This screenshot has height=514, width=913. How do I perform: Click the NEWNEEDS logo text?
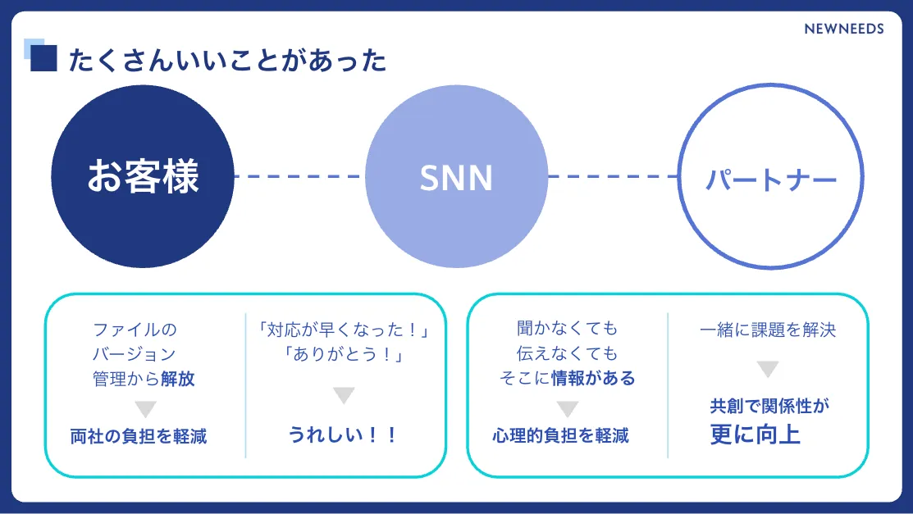pos(843,29)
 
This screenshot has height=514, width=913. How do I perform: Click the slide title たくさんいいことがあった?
pos(227,61)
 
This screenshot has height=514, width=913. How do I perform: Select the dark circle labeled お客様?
pos(143,176)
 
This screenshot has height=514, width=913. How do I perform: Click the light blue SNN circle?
pos(456,177)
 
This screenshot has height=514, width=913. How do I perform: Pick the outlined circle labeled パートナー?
pos(771,177)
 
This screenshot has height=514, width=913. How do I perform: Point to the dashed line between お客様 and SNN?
pos(299,176)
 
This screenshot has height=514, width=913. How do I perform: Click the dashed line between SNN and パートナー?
pos(613,176)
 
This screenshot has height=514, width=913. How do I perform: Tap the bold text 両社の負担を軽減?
pos(139,436)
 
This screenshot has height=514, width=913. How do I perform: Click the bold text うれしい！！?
pos(343,434)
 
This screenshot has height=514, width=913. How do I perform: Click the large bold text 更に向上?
pos(756,434)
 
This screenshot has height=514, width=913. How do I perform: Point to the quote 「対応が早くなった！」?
pos(344,330)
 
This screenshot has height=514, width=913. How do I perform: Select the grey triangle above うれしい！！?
pos(344,396)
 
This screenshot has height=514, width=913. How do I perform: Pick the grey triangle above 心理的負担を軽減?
pos(567,409)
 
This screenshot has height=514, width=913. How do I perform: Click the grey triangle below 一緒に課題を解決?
pos(767,370)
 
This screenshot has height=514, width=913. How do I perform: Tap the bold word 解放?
pos(178,380)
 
